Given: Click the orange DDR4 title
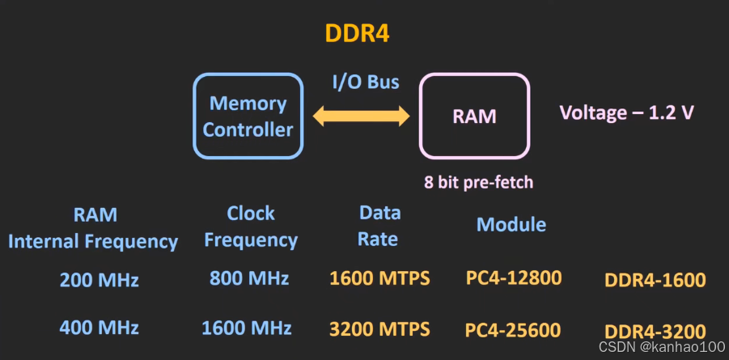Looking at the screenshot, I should click(358, 33).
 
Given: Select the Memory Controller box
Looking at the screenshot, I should click(248, 116).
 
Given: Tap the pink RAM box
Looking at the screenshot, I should click(473, 116).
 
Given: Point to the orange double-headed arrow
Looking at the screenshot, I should click(361, 116).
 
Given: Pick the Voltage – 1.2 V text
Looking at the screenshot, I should click(626, 112).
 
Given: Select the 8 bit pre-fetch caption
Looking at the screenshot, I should click(479, 182).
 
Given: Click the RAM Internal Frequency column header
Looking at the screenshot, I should click(94, 227).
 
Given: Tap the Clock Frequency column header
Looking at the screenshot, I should click(251, 227).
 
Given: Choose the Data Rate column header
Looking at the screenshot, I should click(379, 226).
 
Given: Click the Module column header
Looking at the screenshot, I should click(511, 224).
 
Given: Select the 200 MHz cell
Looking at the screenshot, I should click(99, 280).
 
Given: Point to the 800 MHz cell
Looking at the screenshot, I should click(248, 278).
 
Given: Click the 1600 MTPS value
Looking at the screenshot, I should click(379, 278).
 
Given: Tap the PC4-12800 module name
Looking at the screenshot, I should click(513, 278).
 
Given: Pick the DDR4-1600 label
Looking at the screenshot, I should click(655, 281).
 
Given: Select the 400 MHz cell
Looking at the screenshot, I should click(99, 328).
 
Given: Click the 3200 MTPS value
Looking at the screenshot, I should click(379, 328).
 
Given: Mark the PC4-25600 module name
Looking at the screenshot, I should click(513, 330).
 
